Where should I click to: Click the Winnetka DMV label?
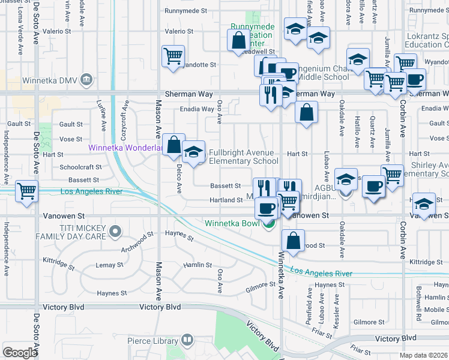tap(50, 80)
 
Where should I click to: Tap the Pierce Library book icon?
tap(187, 341)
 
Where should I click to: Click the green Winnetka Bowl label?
tap(233, 224)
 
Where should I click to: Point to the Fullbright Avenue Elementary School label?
tap(243, 157)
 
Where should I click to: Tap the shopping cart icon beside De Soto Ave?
tap(27, 192)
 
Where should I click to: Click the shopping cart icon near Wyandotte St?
tap(173, 56)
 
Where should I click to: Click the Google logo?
tap(19, 353)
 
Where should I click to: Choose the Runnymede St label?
tap(186, 11)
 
